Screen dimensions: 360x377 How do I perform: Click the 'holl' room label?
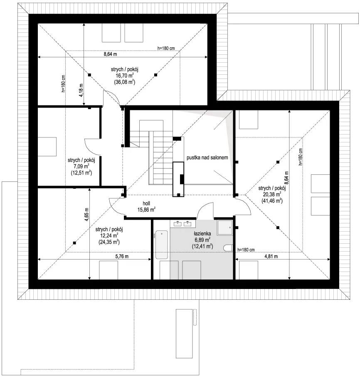point(146,203)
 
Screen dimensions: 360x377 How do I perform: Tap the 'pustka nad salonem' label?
point(207,158)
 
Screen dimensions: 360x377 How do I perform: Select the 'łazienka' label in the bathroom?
point(202,233)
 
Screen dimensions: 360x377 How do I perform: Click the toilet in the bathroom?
point(228,248)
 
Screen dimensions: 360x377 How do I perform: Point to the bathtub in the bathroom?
point(161,245)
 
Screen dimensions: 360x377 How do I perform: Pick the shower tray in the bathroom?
point(225,228)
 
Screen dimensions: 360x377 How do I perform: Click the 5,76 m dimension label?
point(122,256)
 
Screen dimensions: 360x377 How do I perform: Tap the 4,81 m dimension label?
point(271,256)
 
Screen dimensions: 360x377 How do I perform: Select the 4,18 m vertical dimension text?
point(81,90)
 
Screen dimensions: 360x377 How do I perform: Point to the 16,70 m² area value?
point(124,76)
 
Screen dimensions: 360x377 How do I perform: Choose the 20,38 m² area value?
point(272,194)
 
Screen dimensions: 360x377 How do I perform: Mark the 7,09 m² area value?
point(81,166)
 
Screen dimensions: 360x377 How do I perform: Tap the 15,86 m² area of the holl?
point(146,210)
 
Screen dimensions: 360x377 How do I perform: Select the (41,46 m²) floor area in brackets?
point(272,201)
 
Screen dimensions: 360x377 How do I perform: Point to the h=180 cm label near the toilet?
point(246,250)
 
